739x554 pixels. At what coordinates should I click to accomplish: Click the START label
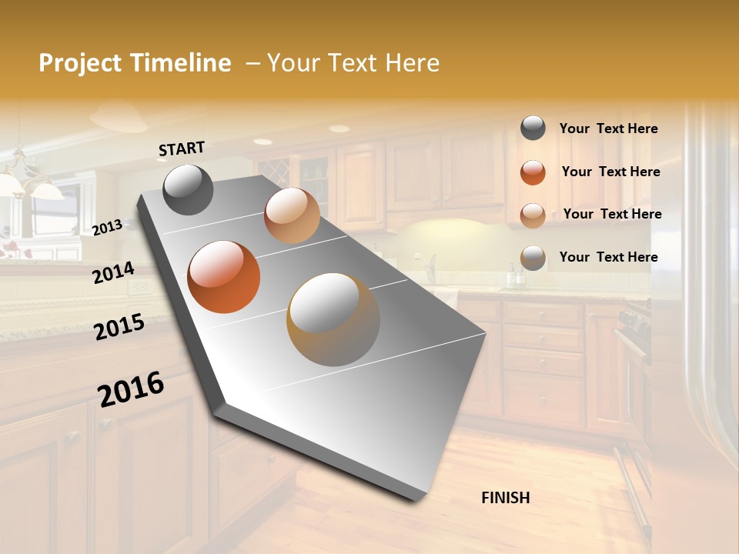coord(182,149)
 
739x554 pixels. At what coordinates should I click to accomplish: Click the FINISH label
coord(505,498)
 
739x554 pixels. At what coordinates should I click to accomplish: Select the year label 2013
coord(107,228)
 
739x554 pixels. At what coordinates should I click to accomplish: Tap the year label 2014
coord(113,273)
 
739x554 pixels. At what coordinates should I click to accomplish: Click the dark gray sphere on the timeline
coord(189,189)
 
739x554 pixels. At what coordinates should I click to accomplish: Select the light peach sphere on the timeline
coord(292,215)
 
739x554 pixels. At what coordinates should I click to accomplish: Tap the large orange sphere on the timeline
coord(224,277)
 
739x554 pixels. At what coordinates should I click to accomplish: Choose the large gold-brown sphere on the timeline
coord(333,319)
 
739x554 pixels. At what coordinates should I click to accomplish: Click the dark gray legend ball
coord(533,128)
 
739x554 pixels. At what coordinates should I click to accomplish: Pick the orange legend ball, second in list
coord(533,172)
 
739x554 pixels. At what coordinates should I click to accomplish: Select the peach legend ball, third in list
coord(533,215)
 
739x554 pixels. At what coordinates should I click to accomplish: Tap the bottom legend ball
coord(533,258)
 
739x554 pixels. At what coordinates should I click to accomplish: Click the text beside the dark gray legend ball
coord(608,129)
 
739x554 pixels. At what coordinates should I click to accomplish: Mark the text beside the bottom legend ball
coord(608,257)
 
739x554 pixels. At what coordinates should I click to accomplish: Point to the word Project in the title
coord(80,63)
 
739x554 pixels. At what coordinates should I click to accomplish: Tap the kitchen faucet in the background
coord(432,265)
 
